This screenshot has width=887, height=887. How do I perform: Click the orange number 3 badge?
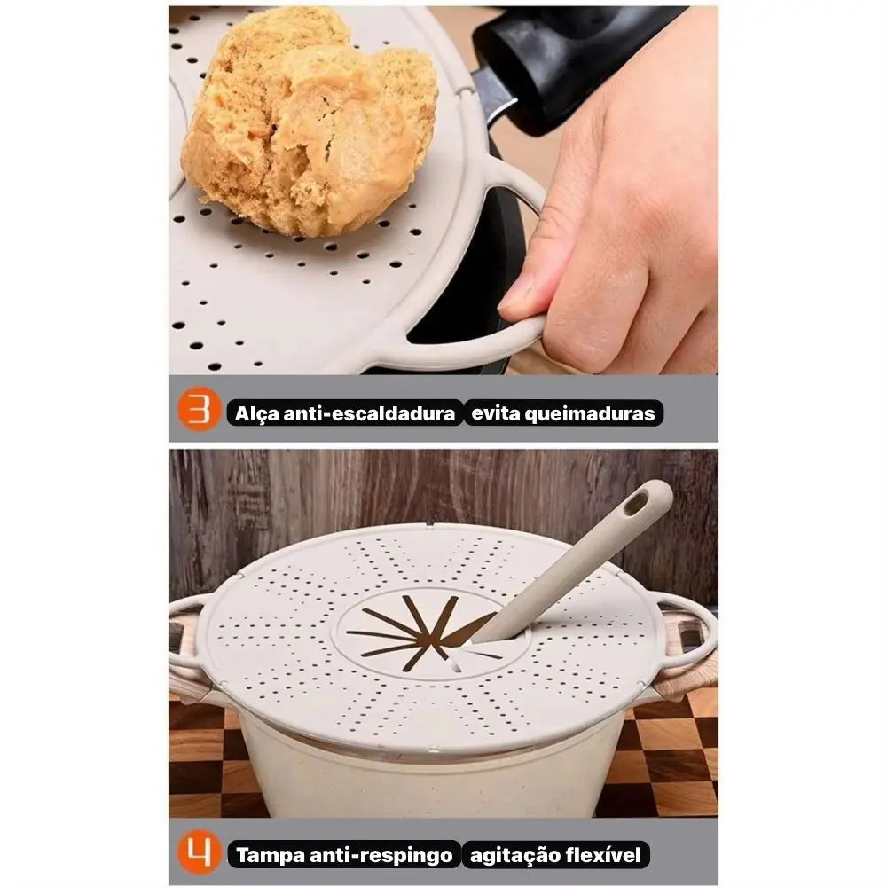pyautogui.click(x=199, y=408)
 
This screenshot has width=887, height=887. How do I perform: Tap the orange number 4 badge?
pyautogui.click(x=199, y=852)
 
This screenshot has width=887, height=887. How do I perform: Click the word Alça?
pyautogui.click(x=256, y=413)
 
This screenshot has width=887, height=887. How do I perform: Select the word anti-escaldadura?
pyautogui.click(x=369, y=413)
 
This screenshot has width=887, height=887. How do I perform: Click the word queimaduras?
pyautogui.click(x=590, y=413)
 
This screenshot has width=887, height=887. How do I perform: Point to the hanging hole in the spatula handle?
pyautogui.click(x=636, y=503)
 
